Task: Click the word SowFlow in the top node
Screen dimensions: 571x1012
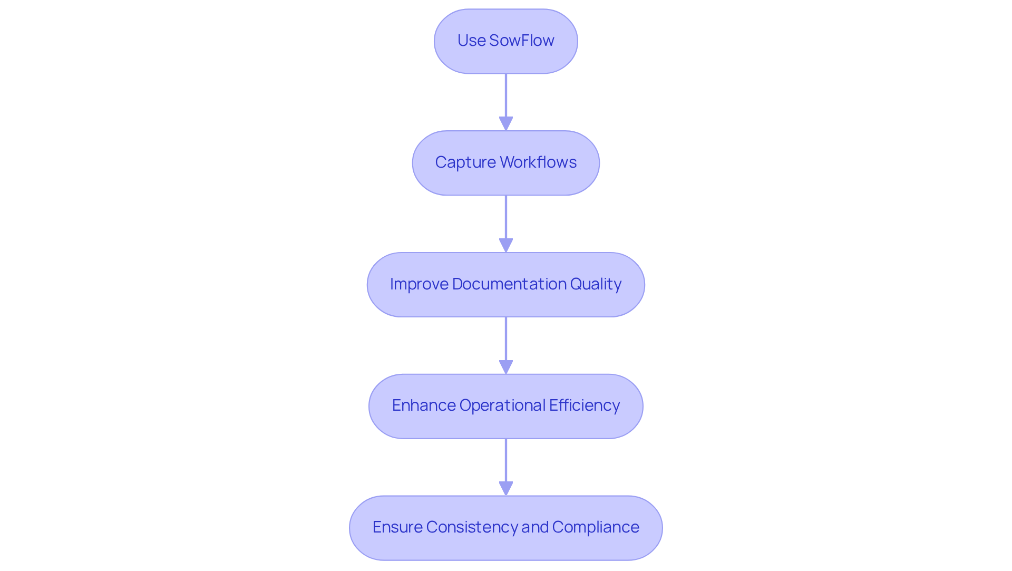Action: (x=521, y=41)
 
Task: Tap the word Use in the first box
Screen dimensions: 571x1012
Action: (x=471, y=41)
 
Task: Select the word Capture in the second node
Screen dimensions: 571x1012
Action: (x=465, y=162)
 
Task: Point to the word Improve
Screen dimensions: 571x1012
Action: (x=419, y=284)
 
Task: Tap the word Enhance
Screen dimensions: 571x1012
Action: (x=424, y=405)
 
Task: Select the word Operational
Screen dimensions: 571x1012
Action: (x=502, y=405)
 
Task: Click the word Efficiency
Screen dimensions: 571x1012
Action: (x=584, y=405)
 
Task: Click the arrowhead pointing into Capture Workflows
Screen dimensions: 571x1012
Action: (x=506, y=124)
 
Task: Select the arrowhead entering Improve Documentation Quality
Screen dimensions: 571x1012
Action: (x=506, y=246)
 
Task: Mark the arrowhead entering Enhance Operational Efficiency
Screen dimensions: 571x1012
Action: (x=506, y=367)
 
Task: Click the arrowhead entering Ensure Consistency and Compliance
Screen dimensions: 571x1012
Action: (x=506, y=489)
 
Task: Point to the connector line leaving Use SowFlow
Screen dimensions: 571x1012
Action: (x=506, y=95)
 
